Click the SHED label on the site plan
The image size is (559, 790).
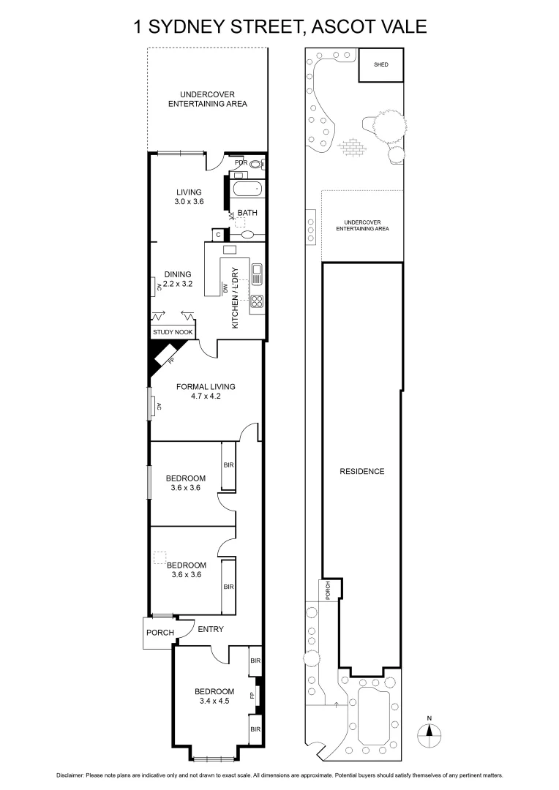(x=381, y=64)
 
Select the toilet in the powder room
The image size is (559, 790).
(x=257, y=164)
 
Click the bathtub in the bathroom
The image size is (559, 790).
(x=247, y=190)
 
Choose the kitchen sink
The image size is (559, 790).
(x=257, y=274)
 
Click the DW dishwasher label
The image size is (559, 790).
(x=226, y=288)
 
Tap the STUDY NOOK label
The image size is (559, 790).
(x=173, y=332)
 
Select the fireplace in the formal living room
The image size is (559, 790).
(x=165, y=355)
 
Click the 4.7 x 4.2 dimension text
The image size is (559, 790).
(x=206, y=396)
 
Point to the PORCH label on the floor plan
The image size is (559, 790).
(x=160, y=632)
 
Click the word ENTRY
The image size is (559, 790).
(x=211, y=629)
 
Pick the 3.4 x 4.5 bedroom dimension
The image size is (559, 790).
(x=214, y=701)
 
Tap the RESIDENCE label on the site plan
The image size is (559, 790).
(x=362, y=472)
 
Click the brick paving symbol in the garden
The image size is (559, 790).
(x=353, y=148)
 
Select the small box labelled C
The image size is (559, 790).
(x=218, y=235)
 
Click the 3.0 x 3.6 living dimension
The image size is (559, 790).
(x=189, y=202)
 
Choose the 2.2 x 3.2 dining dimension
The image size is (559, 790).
(x=177, y=284)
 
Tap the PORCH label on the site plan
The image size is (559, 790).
(x=328, y=590)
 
